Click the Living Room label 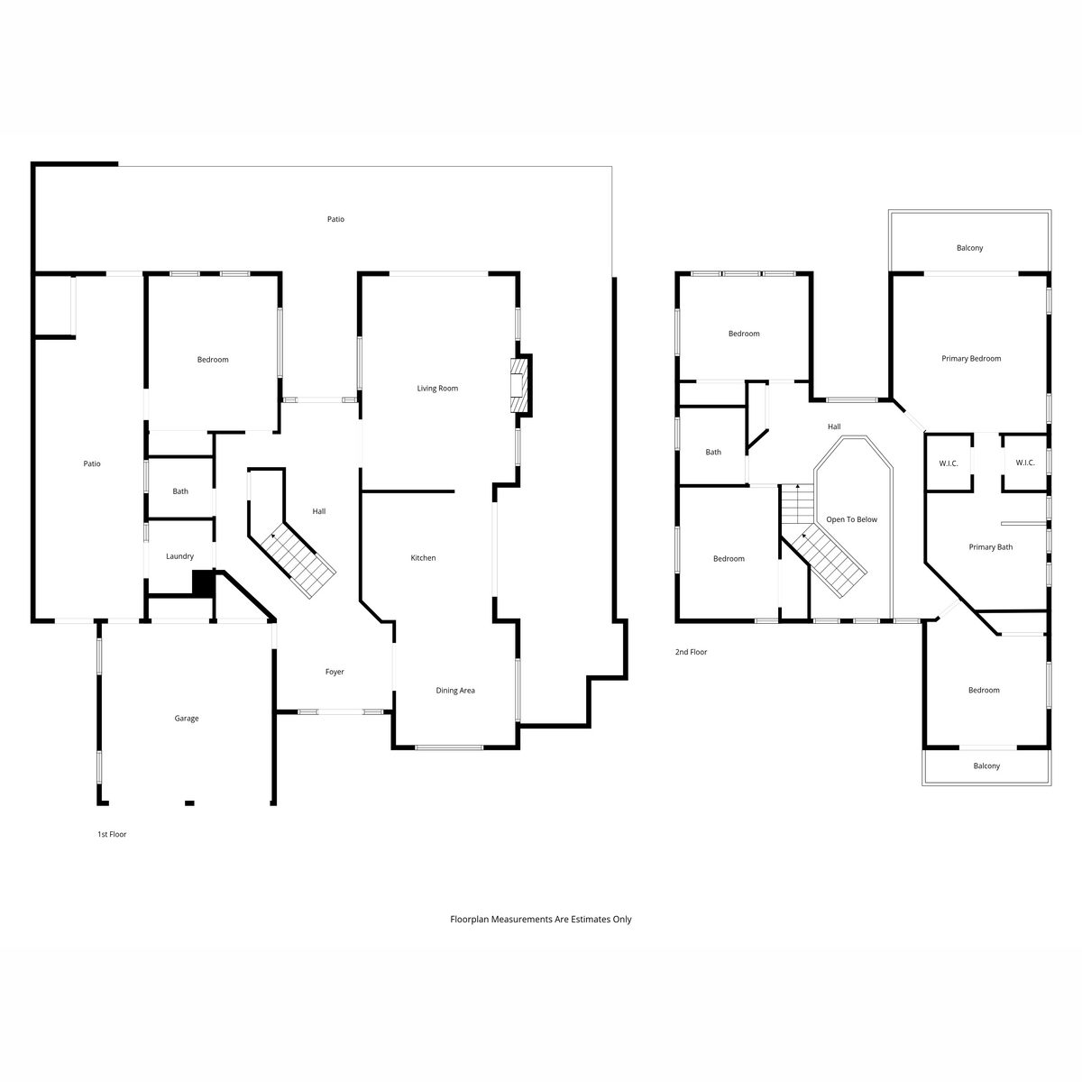[436, 388]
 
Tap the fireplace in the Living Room [520, 385]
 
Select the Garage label [187, 718]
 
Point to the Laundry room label [179, 556]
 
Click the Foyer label [335, 672]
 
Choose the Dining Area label [455, 690]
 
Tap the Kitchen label [423, 557]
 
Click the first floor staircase [293, 556]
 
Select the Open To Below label [851, 519]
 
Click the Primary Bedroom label [971, 358]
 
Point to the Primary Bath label [990, 547]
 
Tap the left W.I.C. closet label [949, 463]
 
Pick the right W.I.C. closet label [1024, 463]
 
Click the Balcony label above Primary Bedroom [969, 248]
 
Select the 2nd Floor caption [691, 652]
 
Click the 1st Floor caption [112, 834]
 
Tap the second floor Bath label [713, 452]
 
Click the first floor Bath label [180, 491]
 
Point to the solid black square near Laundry [203, 582]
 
